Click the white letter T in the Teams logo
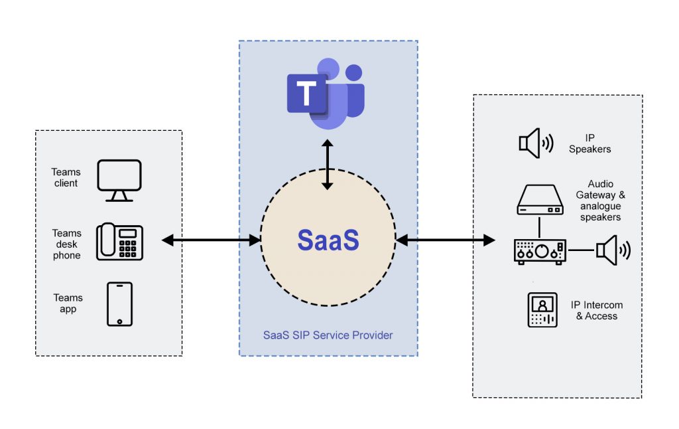point(306,94)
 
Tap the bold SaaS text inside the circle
point(328,240)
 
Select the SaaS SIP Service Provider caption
point(328,335)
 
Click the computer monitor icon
point(119,180)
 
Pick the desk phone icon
point(119,242)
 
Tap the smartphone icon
point(119,304)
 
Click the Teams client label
point(66,178)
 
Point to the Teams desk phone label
point(66,244)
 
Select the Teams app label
point(68,303)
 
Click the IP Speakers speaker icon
point(536,143)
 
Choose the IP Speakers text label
point(589,144)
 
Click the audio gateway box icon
point(539,200)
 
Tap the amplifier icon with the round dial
point(540,251)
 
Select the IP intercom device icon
point(542,309)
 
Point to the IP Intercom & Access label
point(596,311)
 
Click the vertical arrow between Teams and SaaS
point(327,165)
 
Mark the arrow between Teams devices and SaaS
point(212,240)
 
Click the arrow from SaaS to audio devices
point(445,240)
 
